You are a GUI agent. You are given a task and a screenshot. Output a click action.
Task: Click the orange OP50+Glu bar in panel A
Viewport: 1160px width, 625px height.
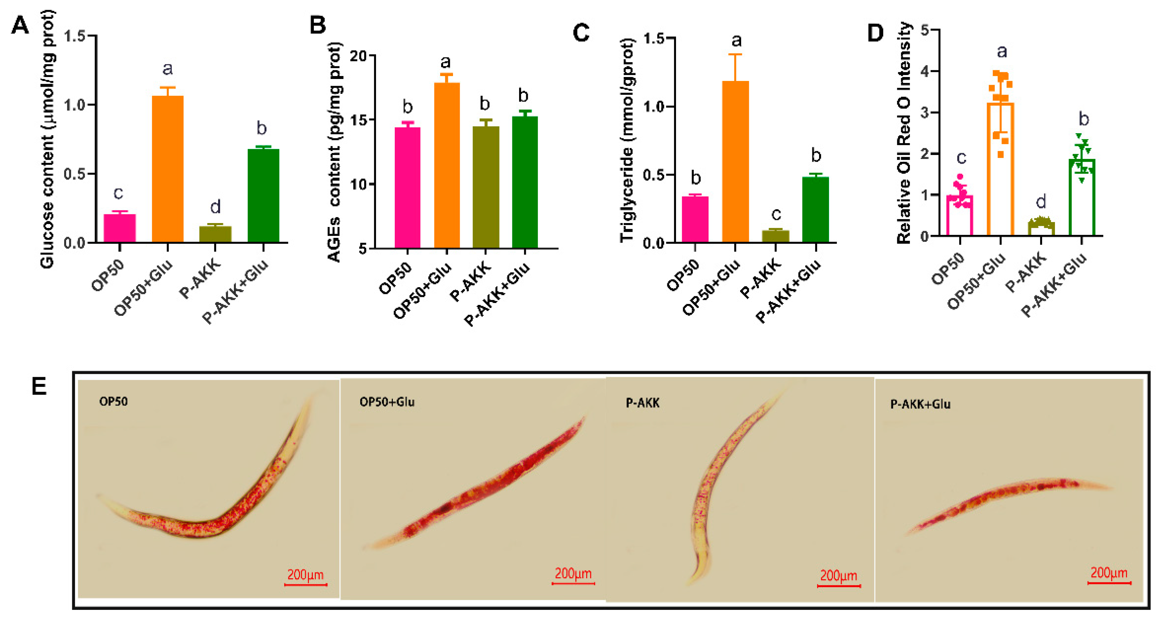click(x=168, y=169)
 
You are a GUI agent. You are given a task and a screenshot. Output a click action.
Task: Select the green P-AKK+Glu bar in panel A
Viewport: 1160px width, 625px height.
click(x=264, y=196)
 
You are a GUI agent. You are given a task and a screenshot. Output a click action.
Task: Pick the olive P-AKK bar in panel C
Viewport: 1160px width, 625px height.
click(x=776, y=236)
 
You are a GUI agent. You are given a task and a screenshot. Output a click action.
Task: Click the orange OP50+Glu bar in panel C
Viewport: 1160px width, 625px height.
click(x=735, y=162)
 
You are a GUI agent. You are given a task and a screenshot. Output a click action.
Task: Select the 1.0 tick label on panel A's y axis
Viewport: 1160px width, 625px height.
click(x=74, y=105)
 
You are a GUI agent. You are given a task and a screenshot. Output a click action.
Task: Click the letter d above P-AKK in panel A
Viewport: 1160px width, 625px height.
click(x=215, y=207)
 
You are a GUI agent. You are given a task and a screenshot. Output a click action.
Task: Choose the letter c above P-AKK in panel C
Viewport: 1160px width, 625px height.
click(x=776, y=214)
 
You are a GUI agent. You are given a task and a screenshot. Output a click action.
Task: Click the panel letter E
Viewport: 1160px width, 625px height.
click(x=39, y=386)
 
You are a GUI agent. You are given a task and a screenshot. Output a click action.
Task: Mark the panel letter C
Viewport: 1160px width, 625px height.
click(x=581, y=33)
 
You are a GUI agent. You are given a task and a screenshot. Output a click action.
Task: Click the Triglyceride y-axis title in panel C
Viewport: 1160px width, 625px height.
click(x=627, y=140)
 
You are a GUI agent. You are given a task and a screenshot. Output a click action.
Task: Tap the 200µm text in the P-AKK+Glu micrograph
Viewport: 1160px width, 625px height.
click(x=1109, y=573)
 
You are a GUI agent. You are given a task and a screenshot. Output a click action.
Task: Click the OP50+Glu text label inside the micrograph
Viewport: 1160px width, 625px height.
click(x=387, y=402)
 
